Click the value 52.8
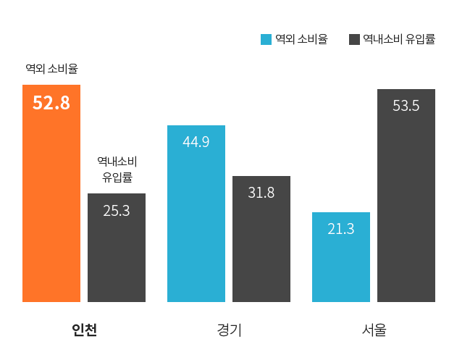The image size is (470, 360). (x=51, y=103)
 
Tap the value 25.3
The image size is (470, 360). (x=117, y=212)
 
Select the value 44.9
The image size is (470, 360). (x=196, y=142)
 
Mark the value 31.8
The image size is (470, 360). (x=261, y=193)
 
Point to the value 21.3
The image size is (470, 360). (x=341, y=229)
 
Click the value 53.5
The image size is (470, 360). (x=406, y=106)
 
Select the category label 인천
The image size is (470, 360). (x=84, y=330)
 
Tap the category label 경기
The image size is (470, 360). (x=229, y=330)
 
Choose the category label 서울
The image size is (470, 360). (x=374, y=330)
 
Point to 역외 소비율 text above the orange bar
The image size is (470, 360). (x=51, y=70)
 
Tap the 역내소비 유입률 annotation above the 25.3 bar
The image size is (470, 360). (x=117, y=168)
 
